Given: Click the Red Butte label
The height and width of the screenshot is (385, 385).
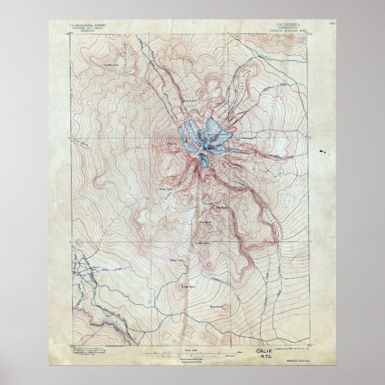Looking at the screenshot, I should (212, 208).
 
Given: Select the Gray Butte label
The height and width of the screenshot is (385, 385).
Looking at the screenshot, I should (206, 222).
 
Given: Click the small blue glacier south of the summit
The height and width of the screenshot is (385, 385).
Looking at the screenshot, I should (204, 160).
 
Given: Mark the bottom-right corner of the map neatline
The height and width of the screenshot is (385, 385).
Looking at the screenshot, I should (315, 340).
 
